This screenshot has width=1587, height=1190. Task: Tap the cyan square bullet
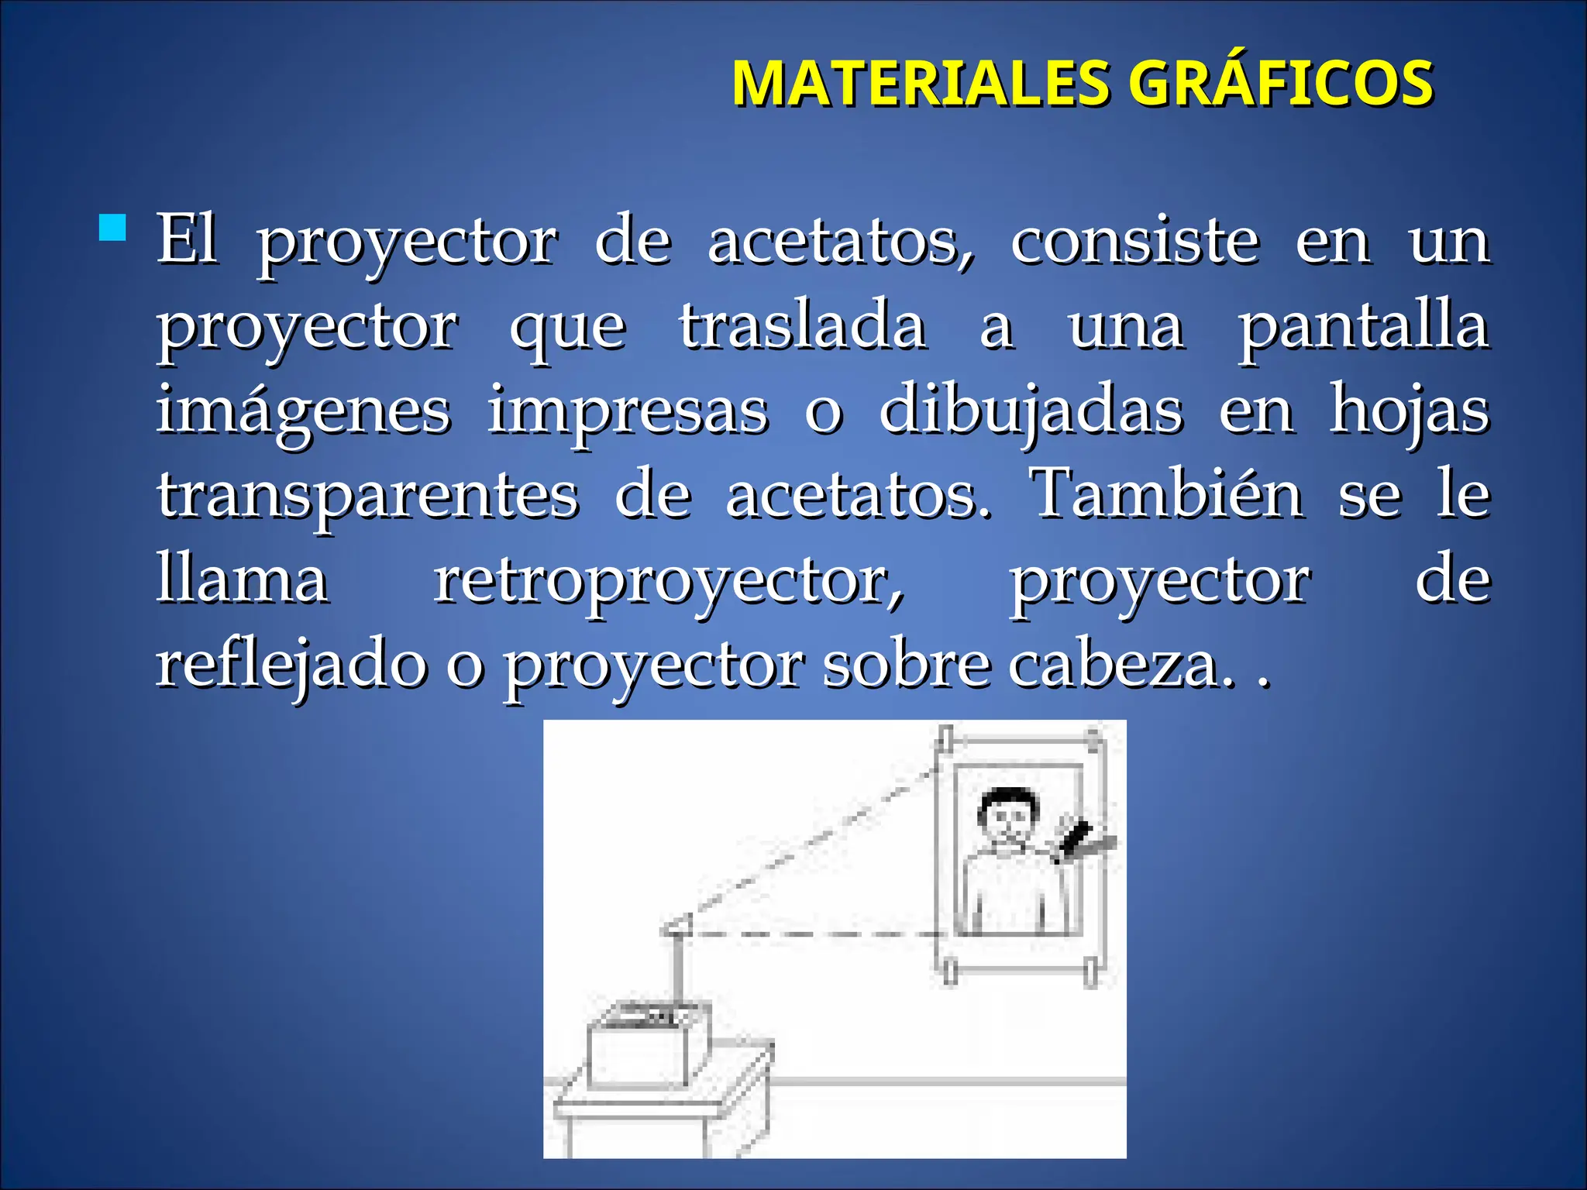(113, 229)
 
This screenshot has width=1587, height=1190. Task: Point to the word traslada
(803, 326)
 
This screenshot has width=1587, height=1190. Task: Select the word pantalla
(1363, 326)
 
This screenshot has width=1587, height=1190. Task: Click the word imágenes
(303, 411)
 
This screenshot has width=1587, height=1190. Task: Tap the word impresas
(628, 411)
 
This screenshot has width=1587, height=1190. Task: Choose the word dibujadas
(1031, 411)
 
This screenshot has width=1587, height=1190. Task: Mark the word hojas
(1410, 411)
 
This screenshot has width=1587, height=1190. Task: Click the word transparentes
(368, 496)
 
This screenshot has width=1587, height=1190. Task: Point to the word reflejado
(291, 666)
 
